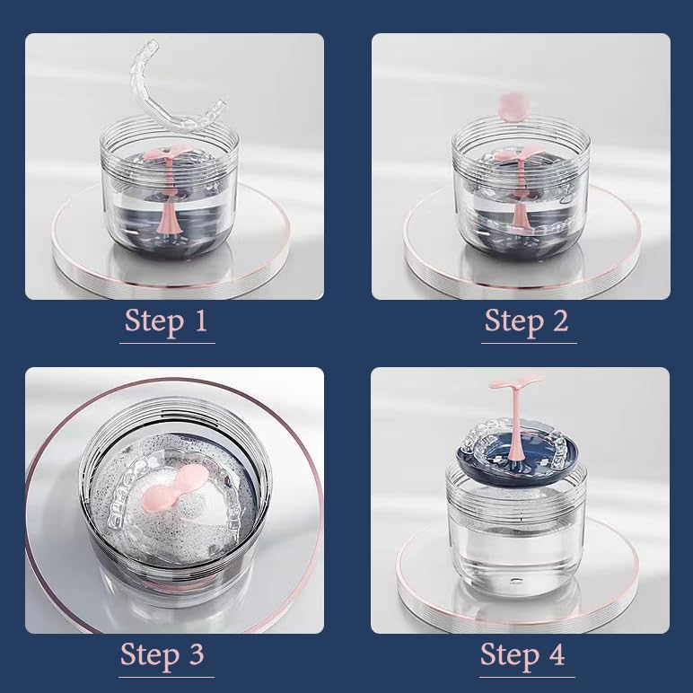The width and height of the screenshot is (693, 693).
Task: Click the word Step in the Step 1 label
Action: click(x=152, y=320)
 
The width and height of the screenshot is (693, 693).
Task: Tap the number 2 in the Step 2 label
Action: click(x=560, y=320)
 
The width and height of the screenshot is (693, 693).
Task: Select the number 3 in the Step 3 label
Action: click(x=196, y=654)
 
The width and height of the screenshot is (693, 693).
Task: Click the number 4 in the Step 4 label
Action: click(x=557, y=654)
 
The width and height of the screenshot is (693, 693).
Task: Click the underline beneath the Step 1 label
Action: click(x=167, y=343)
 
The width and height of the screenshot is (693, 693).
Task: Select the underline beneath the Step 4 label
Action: click(x=523, y=676)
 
